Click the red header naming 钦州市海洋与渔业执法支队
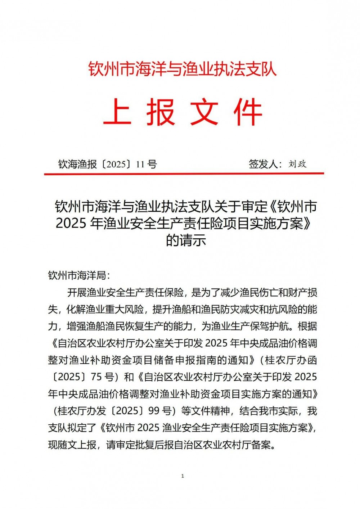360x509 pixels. click(183, 69)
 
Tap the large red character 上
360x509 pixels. click(117, 112)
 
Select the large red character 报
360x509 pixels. click(161, 112)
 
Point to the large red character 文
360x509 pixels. click(204, 112)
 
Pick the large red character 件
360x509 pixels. click(248, 112)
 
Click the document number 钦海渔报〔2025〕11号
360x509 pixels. click(108, 165)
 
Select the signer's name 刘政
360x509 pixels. click(297, 164)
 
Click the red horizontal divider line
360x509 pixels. click(184, 174)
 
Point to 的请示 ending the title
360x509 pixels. click(186, 240)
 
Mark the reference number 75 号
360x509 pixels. click(102, 377)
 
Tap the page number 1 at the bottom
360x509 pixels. click(183, 476)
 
